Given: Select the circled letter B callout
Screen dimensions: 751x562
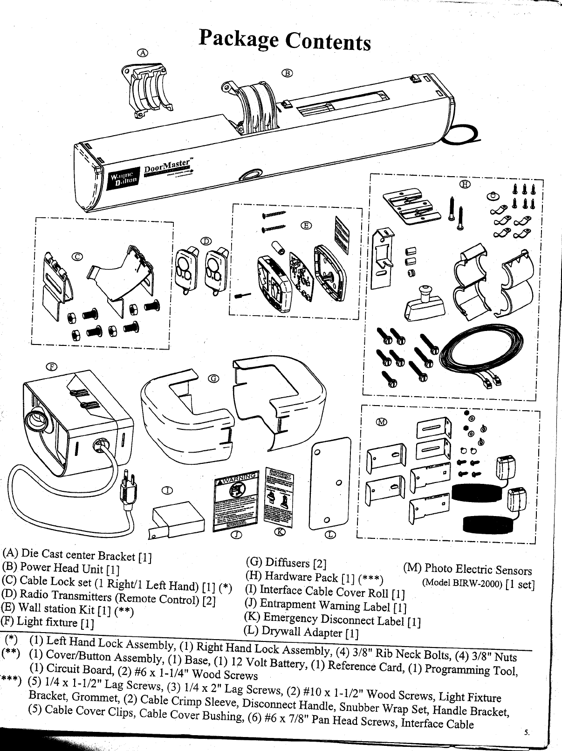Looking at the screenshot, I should click(288, 73).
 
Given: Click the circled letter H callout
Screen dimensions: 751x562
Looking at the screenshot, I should click(464, 185).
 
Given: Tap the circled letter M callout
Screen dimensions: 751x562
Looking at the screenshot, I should click(382, 422).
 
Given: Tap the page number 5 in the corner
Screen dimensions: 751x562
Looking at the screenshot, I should click(527, 732).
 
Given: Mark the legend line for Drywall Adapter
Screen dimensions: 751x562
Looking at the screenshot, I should click(301, 632).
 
